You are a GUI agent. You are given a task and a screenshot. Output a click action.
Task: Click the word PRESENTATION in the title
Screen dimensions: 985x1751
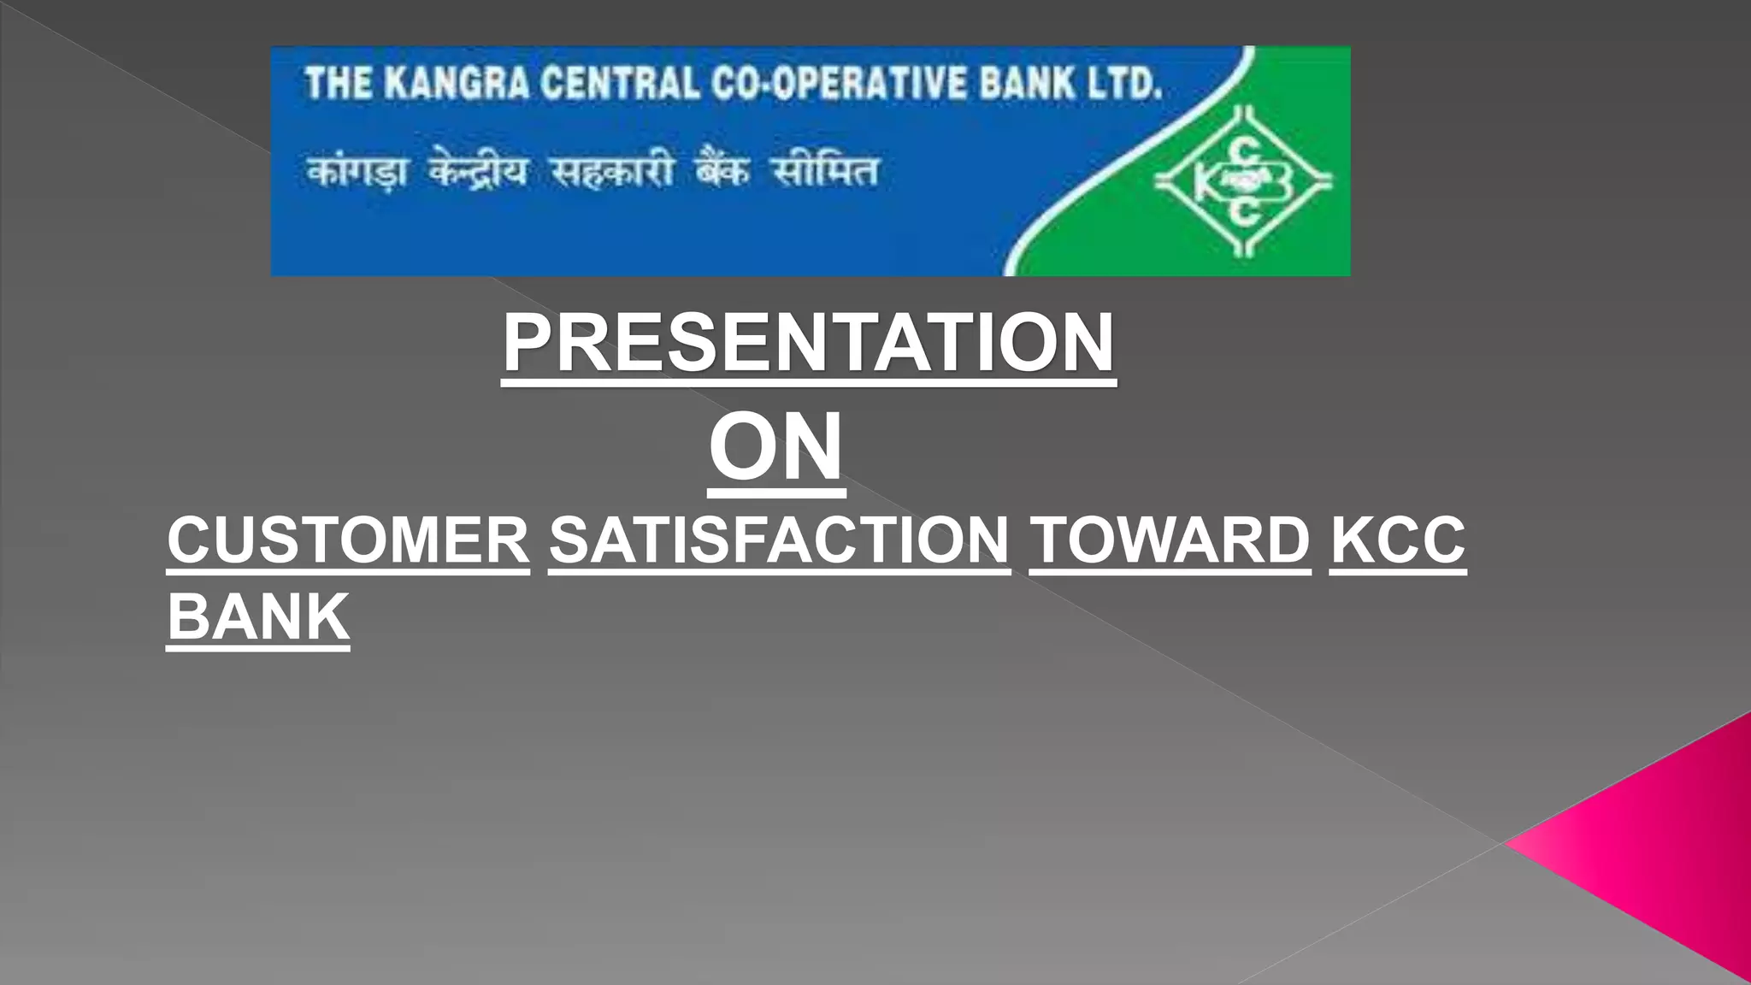808,343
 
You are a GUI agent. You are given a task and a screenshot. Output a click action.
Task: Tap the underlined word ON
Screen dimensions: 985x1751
776,447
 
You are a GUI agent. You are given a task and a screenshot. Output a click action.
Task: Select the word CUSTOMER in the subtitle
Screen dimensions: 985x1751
348,540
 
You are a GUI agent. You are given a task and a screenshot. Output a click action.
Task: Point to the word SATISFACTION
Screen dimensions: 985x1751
779,540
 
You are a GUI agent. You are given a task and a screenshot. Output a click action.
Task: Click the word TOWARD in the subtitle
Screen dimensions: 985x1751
1170,540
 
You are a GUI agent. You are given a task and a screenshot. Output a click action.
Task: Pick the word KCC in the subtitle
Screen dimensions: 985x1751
1398,540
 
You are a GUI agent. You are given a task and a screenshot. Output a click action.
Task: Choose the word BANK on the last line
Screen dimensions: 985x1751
258,616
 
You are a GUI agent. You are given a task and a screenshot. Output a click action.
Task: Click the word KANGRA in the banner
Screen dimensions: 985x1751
456,84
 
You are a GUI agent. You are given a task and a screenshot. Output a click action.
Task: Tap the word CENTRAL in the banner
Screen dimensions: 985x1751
619,84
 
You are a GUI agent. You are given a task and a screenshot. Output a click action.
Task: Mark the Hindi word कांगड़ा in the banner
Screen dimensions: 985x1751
357,171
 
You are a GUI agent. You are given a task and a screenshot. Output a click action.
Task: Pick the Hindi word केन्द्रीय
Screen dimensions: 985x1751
479,171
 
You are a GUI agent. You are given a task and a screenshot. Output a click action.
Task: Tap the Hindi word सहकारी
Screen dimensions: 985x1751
612,171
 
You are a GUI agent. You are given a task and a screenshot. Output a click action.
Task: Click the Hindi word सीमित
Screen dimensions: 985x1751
825,171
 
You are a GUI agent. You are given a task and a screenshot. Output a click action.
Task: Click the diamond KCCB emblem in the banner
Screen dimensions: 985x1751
1244,181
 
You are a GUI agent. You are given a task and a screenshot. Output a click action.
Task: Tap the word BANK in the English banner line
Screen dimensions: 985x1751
1026,84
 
